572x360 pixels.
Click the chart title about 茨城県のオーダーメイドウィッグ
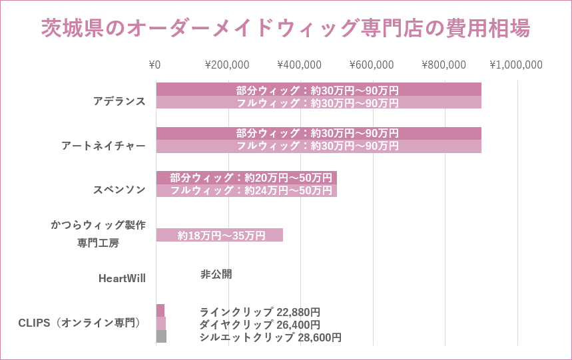[x=286, y=29]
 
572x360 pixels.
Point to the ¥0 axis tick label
[x=154, y=65]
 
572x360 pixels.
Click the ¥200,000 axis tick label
[x=227, y=65]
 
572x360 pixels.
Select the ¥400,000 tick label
[x=299, y=65]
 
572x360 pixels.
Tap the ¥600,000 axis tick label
[x=372, y=65]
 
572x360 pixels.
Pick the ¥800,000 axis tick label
[x=443, y=65]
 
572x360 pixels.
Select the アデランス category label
[x=119, y=101]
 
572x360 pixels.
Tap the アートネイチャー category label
[x=103, y=145]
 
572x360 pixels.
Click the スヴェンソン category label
[x=119, y=190]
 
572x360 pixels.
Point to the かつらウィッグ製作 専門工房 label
[x=98, y=234]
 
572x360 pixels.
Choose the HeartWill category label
[x=122, y=278]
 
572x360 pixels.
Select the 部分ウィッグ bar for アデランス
[x=318, y=89]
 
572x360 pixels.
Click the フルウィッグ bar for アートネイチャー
[x=318, y=146]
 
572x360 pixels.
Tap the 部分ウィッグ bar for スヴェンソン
[x=246, y=178]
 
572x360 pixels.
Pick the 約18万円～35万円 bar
[x=220, y=235]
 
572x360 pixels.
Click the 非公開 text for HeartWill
[x=216, y=274]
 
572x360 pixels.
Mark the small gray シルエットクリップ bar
[x=161, y=337]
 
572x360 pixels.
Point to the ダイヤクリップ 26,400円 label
[x=260, y=325]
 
